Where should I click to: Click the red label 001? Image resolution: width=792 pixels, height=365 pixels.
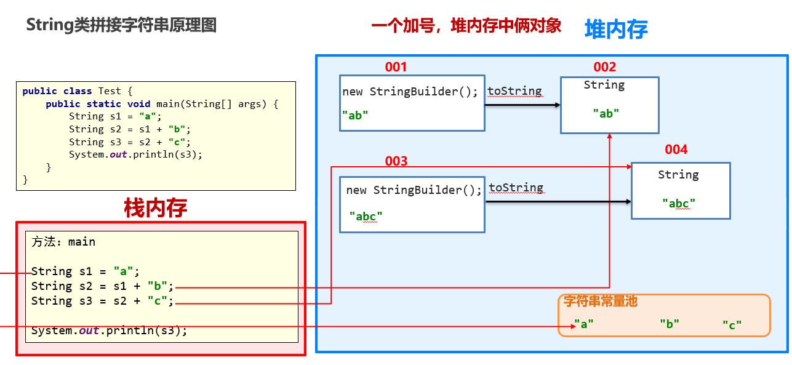pyautogui.click(x=396, y=67)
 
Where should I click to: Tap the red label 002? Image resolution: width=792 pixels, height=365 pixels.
pyautogui.click(x=604, y=67)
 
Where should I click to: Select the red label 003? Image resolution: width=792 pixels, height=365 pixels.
pyautogui.click(x=396, y=161)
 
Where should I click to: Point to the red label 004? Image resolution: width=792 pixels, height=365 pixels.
pyautogui.click(x=676, y=150)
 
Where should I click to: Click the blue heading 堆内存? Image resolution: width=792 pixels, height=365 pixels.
pyautogui.click(x=615, y=29)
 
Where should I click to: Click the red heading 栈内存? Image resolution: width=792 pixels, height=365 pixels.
pyautogui.click(x=156, y=208)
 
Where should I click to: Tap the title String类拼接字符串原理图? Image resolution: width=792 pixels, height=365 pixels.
pyautogui.click(x=121, y=25)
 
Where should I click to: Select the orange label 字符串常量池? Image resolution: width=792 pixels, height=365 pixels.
pyautogui.click(x=601, y=302)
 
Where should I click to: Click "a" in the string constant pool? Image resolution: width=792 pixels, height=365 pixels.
pyautogui.click(x=583, y=324)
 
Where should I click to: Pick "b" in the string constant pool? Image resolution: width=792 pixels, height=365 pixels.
pyautogui.click(x=669, y=324)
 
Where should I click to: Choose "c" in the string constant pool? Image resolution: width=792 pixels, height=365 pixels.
pyautogui.click(x=732, y=325)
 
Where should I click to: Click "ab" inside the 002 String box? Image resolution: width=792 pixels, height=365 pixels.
pyautogui.click(x=606, y=113)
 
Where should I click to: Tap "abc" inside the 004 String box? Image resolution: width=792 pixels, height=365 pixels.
pyautogui.click(x=679, y=203)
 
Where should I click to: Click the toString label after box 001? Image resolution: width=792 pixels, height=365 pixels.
pyautogui.click(x=514, y=92)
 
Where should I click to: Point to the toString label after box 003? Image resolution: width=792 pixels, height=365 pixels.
pyautogui.click(x=516, y=188)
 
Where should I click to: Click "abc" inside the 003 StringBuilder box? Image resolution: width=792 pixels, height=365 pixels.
pyautogui.click(x=366, y=216)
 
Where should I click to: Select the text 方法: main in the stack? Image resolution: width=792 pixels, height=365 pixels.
pyautogui.click(x=63, y=242)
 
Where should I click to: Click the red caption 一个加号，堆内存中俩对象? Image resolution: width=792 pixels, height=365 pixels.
pyautogui.click(x=466, y=26)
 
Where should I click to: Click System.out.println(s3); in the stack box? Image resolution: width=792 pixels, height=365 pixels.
pyautogui.click(x=109, y=331)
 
